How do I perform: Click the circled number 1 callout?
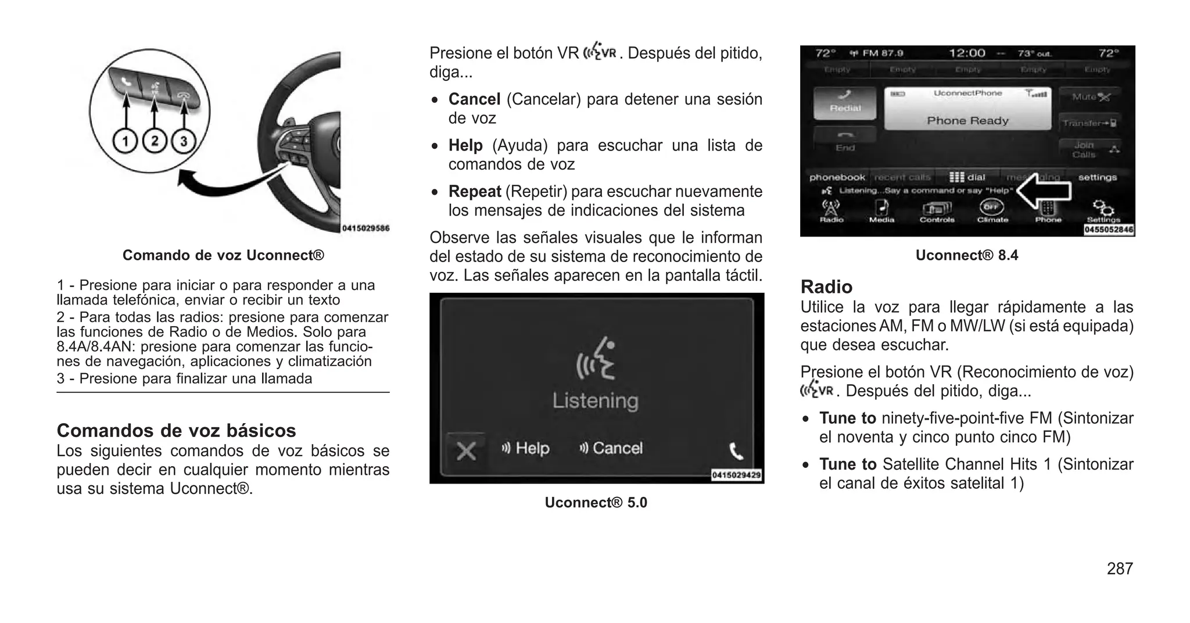[x=124, y=141]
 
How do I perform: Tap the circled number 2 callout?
[x=154, y=141]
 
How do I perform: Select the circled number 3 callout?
[x=184, y=141]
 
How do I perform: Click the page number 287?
[x=1120, y=568]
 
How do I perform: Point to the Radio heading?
[x=826, y=287]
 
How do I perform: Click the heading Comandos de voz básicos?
[x=176, y=431]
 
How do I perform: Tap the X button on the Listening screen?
[x=466, y=450]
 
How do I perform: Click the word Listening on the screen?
[x=595, y=400]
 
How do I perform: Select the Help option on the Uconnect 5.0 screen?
[x=526, y=448]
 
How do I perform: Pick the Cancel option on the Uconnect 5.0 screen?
[x=611, y=448]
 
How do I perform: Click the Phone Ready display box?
[x=967, y=109]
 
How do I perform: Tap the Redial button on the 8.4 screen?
[x=845, y=103]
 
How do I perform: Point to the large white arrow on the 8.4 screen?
[x=1044, y=191]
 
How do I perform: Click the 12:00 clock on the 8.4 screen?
[x=967, y=53]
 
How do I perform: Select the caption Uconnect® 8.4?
[x=967, y=255]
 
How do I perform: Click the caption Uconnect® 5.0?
[x=596, y=503]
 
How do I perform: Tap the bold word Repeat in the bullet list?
[x=475, y=191]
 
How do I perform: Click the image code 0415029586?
[x=365, y=228]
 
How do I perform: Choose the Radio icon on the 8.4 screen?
[x=831, y=211]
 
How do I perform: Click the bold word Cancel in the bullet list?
[x=474, y=99]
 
